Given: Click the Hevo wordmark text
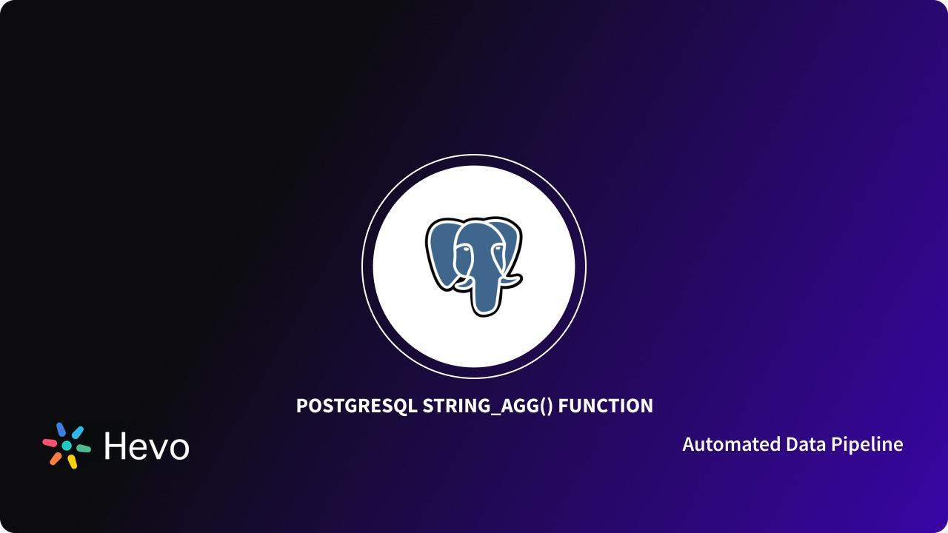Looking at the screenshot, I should click(x=147, y=446).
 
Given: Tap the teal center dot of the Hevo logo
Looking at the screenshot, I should click(x=67, y=446).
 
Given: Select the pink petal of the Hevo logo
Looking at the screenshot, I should click(x=50, y=443).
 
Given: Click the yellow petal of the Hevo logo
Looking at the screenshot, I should click(x=73, y=462).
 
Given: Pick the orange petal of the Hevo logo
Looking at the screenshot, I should click(x=56, y=458).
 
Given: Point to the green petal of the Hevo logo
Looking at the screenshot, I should click(x=84, y=449).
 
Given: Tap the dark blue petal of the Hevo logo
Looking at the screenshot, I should click(x=61, y=429).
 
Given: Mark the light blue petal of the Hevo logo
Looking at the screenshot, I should click(x=78, y=432).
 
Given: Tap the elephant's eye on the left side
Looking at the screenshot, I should click(x=465, y=249).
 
